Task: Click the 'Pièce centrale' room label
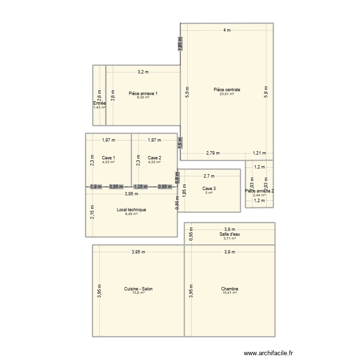coord(227,90)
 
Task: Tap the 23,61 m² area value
coord(227,94)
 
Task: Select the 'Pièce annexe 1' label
coord(143,94)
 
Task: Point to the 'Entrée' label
coord(99,103)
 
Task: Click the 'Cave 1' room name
coord(108,158)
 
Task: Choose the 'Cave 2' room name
coord(154,158)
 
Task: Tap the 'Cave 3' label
coord(209,189)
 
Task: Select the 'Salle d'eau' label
coord(230,234)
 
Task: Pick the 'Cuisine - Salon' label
coord(138,289)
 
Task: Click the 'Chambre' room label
coord(230,289)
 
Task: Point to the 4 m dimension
coord(227,30)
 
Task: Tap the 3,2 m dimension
coord(143,72)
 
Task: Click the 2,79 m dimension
coord(213,154)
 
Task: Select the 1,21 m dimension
coord(259,154)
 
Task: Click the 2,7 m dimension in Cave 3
coord(209,176)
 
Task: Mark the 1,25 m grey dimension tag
coord(141,187)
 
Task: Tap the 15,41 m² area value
coord(230,293)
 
